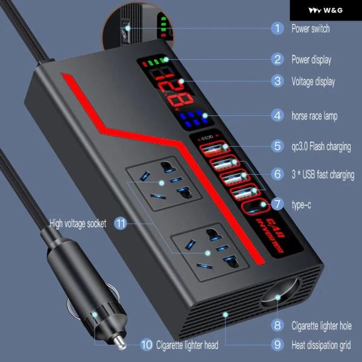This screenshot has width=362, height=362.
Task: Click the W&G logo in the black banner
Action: coord(326,10)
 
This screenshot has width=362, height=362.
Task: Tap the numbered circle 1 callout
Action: coord(278,28)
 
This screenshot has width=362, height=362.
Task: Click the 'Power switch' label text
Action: coord(311,28)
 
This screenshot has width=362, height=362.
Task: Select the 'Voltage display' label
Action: coord(313,81)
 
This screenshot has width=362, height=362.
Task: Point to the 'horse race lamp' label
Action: coord(314,116)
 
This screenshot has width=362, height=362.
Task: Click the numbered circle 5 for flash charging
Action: coord(278,146)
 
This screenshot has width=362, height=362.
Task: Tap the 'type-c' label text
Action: coord(301,205)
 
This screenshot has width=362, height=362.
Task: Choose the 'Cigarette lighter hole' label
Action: coord(322,326)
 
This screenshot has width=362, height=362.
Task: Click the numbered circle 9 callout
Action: coord(278,345)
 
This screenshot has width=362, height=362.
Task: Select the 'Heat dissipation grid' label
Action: coord(321,345)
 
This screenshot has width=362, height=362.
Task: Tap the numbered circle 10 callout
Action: coord(147,345)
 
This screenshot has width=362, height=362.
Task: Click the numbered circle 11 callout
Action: coord(121,223)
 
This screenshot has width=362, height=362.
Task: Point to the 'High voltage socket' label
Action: coord(78,224)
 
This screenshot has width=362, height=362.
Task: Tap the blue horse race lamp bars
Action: coord(193,119)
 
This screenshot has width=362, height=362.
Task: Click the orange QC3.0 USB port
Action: coord(214,148)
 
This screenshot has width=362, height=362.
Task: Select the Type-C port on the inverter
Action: coord(256,207)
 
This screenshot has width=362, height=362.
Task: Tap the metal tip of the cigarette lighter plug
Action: coord(119,342)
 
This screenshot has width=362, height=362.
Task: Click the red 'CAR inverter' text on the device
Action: coord(270,235)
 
